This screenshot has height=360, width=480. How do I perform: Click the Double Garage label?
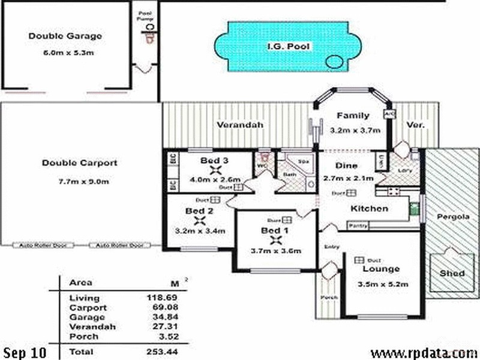tap(65, 36)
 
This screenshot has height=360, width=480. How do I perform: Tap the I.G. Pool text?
tap(289, 46)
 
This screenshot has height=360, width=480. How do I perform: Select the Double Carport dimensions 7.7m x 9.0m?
tap(79, 182)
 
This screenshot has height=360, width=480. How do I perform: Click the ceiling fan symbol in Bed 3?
tap(215, 170)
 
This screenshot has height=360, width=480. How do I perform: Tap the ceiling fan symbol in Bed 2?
tap(199, 221)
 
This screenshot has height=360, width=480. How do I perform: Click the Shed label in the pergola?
tap(452, 273)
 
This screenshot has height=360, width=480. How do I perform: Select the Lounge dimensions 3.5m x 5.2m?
tap(383, 284)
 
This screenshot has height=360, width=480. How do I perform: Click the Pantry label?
tap(358, 226)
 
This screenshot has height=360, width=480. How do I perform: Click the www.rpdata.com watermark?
tap(424, 352)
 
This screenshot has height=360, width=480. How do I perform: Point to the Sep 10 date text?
tap(23, 351)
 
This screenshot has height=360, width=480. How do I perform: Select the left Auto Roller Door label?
tap(43, 245)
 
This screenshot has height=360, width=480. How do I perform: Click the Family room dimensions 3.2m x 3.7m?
tap(353, 130)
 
